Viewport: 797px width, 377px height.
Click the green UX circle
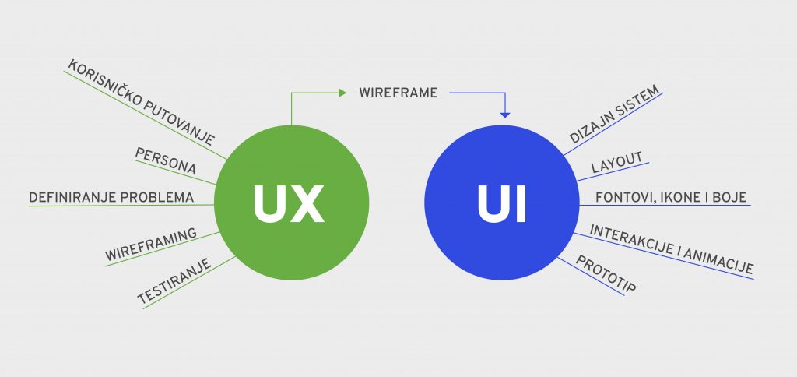coord(291,203)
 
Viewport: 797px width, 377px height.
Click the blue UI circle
coord(502,203)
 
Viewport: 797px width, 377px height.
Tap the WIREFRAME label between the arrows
coord(398,93)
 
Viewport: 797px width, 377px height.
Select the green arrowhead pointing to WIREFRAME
coord(342,93)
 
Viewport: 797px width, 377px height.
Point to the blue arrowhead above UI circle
coord(504,115)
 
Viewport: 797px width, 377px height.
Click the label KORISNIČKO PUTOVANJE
coord(142,103)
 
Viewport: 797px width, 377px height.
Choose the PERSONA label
coord(165,160)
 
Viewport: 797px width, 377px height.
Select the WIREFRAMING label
coord(150,245)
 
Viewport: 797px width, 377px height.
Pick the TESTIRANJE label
coord(174,281)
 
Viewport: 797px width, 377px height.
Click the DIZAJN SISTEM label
coord(614,114)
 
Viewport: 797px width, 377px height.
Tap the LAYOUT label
coord(616,163)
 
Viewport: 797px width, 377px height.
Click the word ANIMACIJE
coord(718,261)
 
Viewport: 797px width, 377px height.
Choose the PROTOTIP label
coord(606,273)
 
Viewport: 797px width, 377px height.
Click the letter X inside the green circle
coord(306,203)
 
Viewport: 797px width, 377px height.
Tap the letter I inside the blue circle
coord(521,203)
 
